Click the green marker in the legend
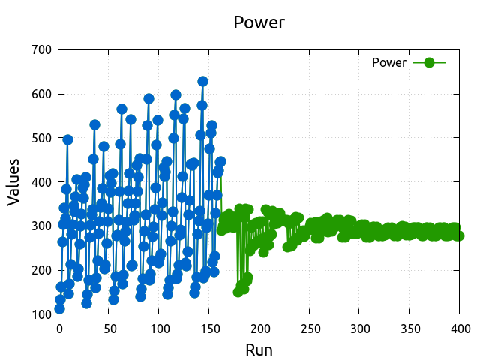tap(429, 63)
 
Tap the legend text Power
tap(389, 63)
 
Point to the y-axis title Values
tap(13, 182)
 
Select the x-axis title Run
tap(259, 349)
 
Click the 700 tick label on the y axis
tap(42, 50)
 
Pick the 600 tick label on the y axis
tap(42, 94)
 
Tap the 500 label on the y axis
tap(42, 138)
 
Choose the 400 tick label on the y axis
tap(42, 182)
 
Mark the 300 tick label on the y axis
tap(42, 226)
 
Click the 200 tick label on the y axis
tap(42, 270)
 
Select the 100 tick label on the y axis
tap(42, 314)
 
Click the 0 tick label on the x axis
tap(59, 328)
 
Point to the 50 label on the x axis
tap(109, 328)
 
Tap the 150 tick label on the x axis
tap(209, 328)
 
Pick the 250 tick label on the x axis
tap(310, 328)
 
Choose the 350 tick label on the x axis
tap(409, 328)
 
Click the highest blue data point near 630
tap(202, 81)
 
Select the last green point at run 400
tap(458, 235)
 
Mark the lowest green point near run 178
tap(238, 292)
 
